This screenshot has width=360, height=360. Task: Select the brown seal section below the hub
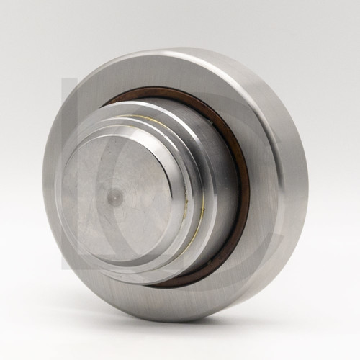tap(180, 283)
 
